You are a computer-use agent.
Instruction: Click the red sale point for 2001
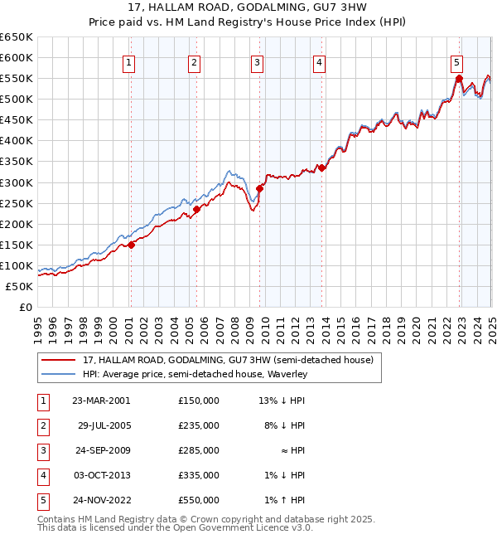click(132, 244)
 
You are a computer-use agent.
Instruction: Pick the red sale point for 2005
click(197, 209)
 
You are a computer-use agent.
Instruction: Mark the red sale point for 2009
click(259, 188)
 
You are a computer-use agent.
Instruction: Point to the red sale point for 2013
click(321, 168)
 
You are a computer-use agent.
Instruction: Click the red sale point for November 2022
click(458, 79)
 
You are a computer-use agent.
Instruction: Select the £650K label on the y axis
click(16, 37)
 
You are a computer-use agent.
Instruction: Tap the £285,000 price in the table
click(199, 450)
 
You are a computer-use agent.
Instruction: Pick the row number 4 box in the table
click(41, 475)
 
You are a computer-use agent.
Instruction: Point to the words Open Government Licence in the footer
click(242, 528)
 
